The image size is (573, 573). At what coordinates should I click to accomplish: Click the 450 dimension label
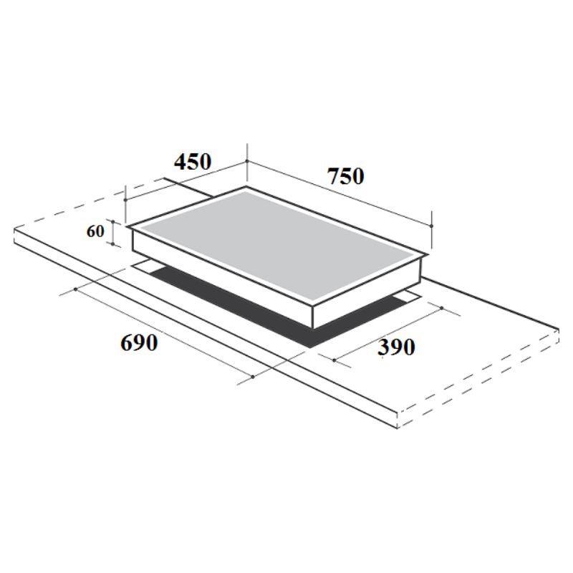193,163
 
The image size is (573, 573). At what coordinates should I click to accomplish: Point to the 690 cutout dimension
138,343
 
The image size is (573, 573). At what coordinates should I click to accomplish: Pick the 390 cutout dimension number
396,347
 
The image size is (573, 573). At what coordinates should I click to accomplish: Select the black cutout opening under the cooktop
236,301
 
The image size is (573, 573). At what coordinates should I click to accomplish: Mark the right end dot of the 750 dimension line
433,225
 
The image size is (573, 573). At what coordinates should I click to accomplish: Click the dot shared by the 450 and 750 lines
247,162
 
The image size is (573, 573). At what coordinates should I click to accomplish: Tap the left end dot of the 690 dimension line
75,289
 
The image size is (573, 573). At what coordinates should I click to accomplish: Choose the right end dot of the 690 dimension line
254,376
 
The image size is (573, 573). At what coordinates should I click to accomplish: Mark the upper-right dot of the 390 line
441,309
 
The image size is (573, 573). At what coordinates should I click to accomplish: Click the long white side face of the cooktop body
222,280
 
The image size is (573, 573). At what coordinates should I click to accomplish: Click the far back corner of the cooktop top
246,188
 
